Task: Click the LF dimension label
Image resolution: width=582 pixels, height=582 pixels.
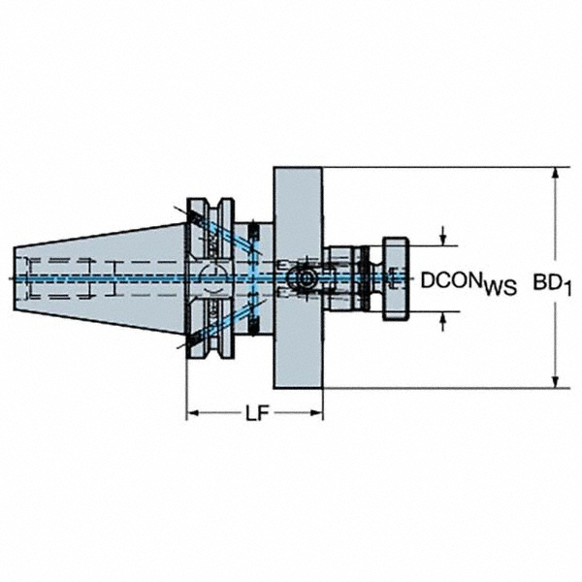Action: point(255,415)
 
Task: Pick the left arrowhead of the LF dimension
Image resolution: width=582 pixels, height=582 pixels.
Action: point(192,414)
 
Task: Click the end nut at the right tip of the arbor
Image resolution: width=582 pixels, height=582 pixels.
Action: point(396,278)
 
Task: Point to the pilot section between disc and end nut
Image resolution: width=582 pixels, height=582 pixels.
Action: point(344,278)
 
